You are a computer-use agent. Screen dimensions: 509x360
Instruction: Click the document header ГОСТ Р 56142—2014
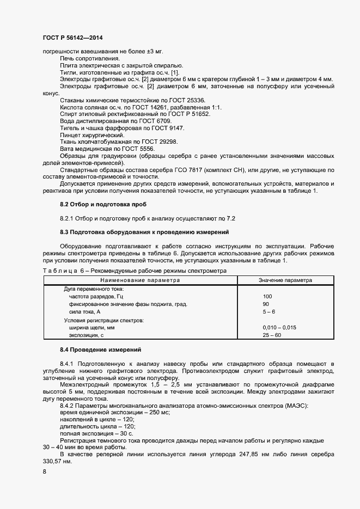point(72,38)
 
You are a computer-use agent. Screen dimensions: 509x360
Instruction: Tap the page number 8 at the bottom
point(45,472)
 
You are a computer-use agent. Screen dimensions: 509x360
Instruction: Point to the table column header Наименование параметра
point(139,280)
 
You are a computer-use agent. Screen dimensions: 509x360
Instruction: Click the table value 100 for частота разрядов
point(267,296)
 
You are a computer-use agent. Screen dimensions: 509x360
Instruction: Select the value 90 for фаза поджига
point(266,304)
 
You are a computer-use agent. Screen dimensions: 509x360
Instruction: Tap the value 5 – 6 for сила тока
point(269,311)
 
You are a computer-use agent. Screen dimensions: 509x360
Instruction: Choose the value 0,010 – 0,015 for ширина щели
point(279,328)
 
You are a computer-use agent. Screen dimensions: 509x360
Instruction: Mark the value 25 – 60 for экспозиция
point(271,335)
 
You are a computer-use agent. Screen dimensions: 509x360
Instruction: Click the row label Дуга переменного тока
point(94,289)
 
